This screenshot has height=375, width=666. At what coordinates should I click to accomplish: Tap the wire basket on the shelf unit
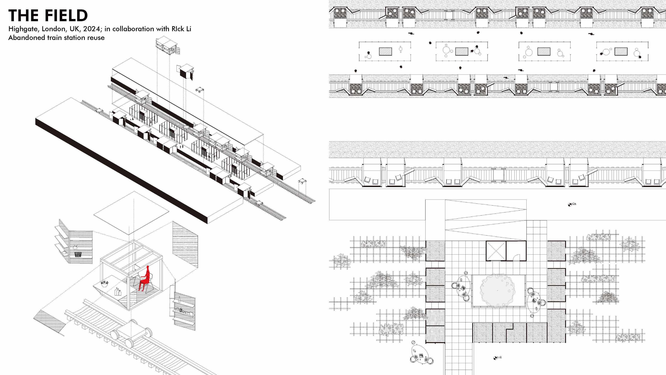pos(78,255)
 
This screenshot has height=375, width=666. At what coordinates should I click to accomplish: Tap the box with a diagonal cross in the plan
pos(496,250)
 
